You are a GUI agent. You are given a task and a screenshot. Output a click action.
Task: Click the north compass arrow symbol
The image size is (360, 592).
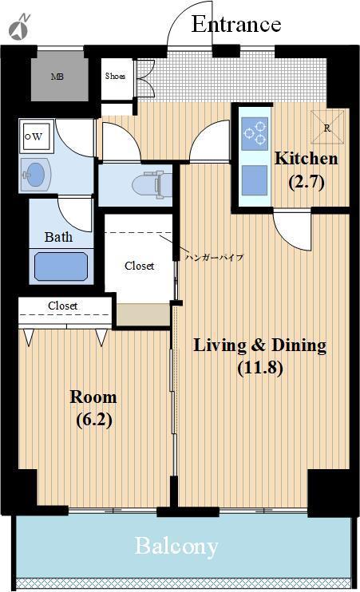(20, 27)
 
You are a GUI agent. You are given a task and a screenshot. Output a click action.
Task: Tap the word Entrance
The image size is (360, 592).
(236, 24)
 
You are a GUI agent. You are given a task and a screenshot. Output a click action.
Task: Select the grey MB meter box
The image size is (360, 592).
(57, 77)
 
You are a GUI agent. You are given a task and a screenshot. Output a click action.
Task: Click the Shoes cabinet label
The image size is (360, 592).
(115, 76)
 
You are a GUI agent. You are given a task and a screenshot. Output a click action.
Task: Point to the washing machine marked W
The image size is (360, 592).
(36, 136)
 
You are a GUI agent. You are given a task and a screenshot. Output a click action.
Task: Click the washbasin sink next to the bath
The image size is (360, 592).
(35, 175)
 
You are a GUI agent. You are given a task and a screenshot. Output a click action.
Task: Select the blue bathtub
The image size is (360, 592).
(61, 266)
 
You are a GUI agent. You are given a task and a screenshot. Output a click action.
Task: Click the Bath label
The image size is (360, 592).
(58, 237)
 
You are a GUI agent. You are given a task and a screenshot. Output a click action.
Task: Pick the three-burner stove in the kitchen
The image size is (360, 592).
(255, 133)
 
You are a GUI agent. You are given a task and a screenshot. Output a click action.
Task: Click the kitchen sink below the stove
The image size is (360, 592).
(255, 180)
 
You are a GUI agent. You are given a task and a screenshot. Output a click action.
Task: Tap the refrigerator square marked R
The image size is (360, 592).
(327, 127)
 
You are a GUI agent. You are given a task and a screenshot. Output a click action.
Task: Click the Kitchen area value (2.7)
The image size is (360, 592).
(307, 183)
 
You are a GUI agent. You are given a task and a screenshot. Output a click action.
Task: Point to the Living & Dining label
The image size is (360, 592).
(260, 345)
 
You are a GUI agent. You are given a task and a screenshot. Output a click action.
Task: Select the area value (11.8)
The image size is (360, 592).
(260, 367)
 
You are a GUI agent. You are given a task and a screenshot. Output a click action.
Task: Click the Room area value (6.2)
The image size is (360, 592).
(94, 420)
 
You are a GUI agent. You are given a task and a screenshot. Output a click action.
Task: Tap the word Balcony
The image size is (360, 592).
(176, 547)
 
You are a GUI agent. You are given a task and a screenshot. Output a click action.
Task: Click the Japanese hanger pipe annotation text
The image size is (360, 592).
(214, 258)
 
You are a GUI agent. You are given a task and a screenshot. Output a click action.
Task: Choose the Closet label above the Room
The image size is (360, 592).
(63, 306)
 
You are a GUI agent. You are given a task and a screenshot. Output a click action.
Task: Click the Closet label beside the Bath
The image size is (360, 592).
(140, 266)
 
